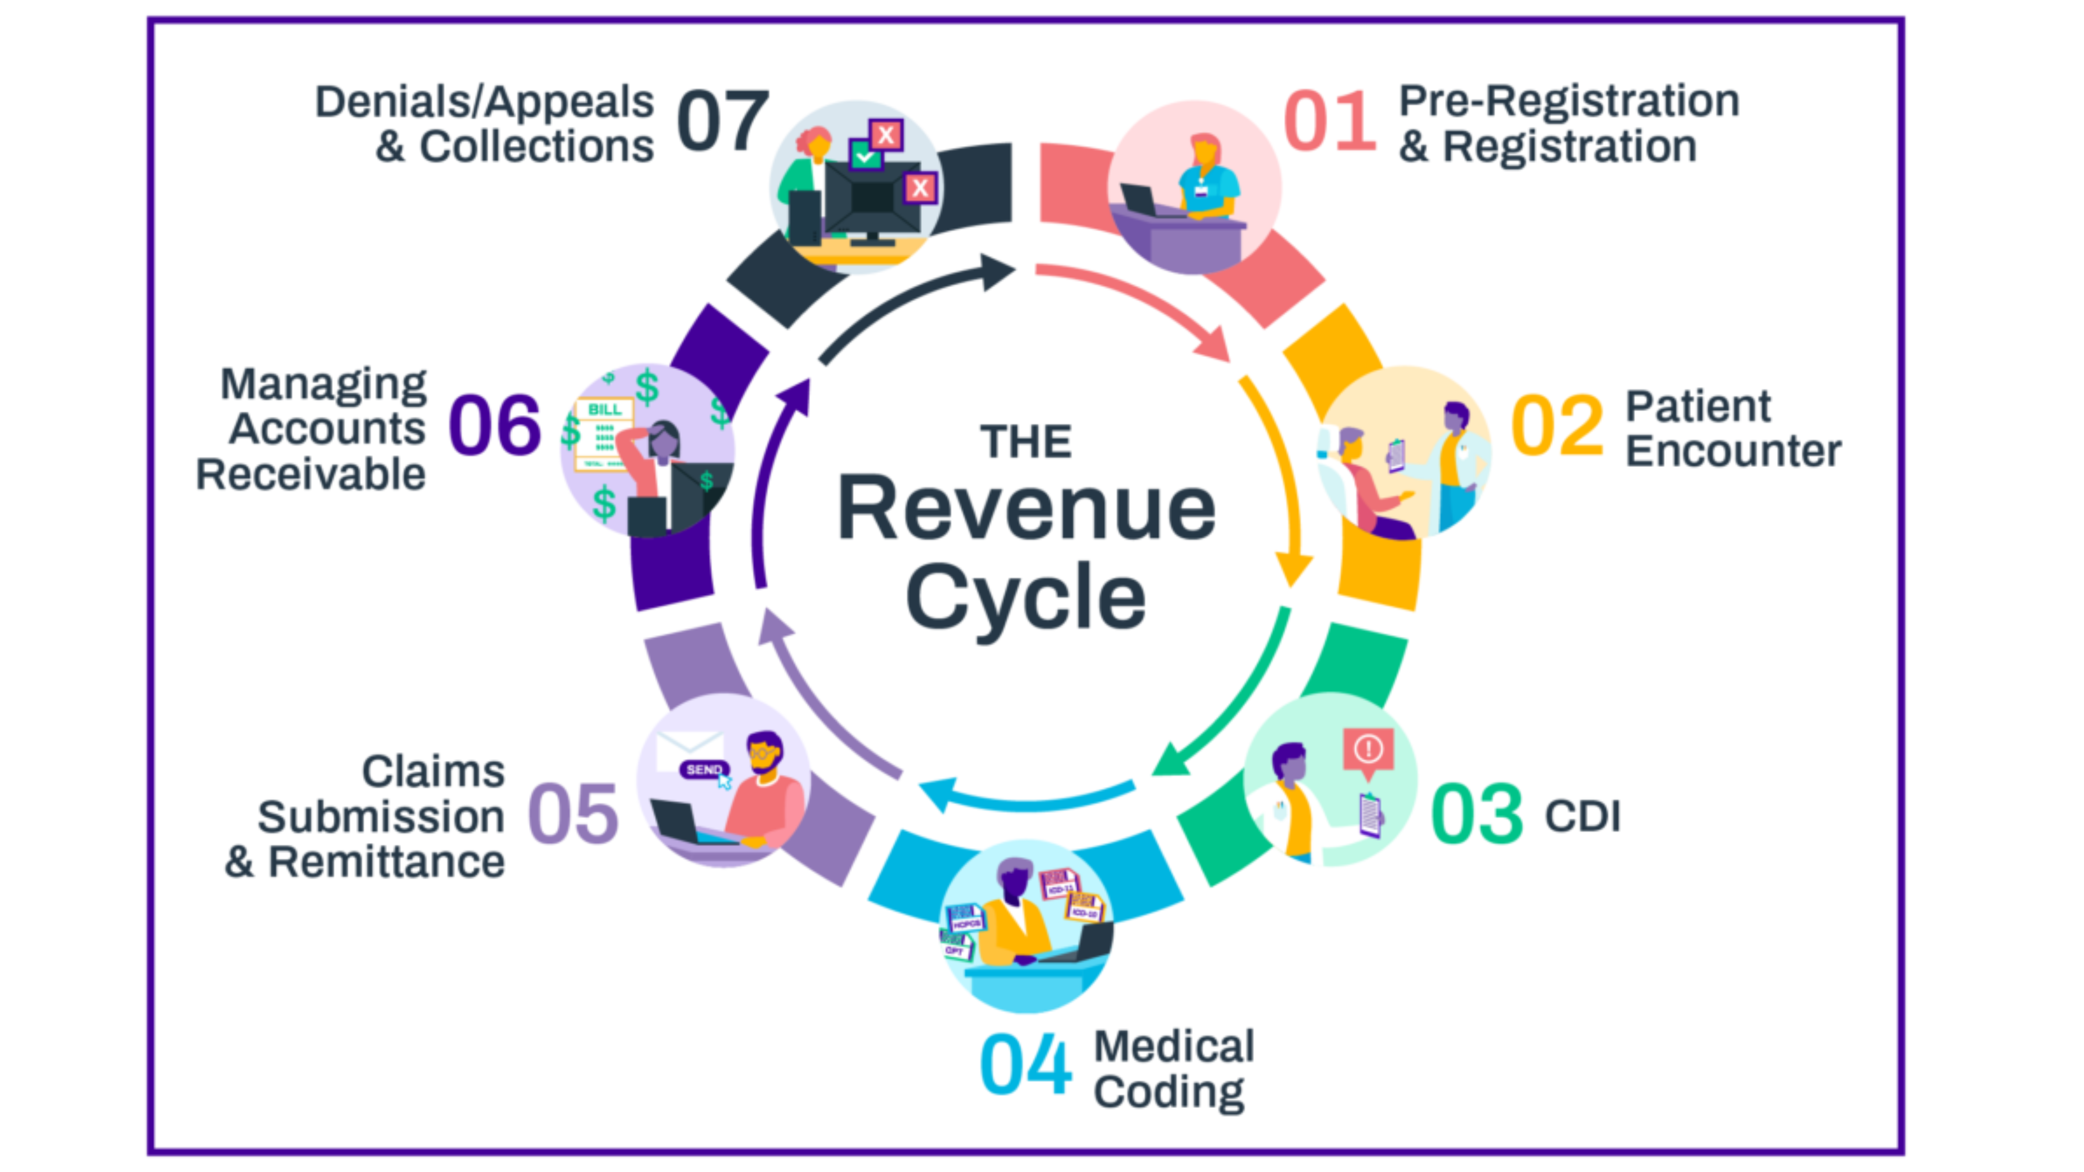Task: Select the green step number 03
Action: coord(1477,814)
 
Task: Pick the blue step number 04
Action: coord(1025,1064)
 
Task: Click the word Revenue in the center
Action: coord(1026,508)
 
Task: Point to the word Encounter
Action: coord(1733,451)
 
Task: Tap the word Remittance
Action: coord(386,862)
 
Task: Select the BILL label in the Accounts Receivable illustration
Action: coord(604,409)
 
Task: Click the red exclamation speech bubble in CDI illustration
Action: coord(1368,750)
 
